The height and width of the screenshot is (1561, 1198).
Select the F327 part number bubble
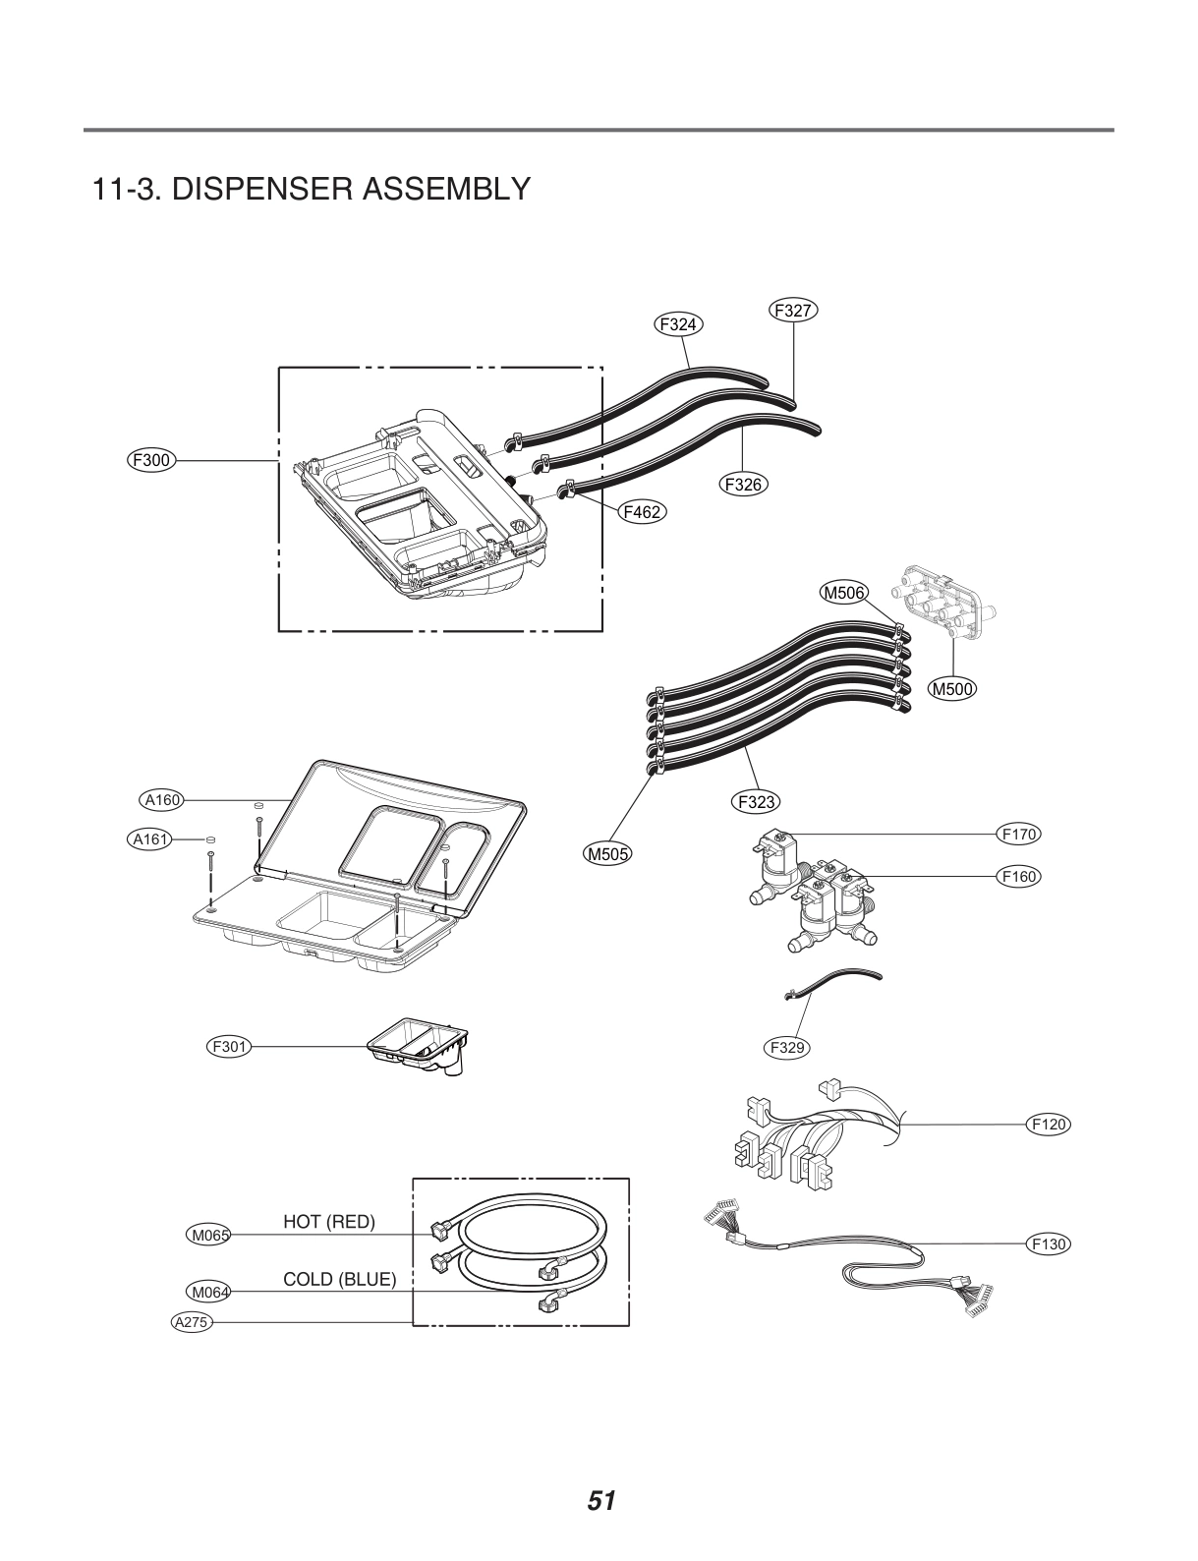(x=793, y=311)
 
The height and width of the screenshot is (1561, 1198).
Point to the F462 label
(x=642, y=511)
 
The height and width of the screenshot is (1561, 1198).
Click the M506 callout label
(x=843, y=592)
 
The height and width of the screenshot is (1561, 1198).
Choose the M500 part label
(x=952, y=689)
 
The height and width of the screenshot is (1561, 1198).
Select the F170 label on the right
(x=1018, y=835)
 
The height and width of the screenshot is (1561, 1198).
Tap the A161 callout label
(x=151, y=838)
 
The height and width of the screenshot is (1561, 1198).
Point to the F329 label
(x=787, y=1048)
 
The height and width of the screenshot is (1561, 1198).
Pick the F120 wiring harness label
(x=1048, y=1124)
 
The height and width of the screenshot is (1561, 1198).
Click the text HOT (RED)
(x=329, y=1222)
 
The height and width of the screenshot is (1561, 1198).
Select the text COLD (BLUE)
(x=339, y=1280)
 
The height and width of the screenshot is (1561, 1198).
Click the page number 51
(x=600, y=1501)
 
